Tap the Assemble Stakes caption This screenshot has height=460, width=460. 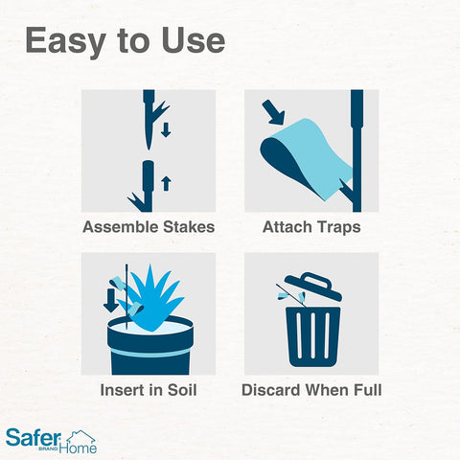[149, 228]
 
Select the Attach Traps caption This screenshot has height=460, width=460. [310, 228]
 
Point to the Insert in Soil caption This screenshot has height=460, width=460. [149, 391]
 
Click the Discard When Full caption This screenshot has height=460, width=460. [310, 391]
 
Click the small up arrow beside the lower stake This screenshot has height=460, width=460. [166, 179]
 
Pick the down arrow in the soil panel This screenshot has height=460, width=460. [110, 299]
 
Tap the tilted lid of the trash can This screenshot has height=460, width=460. [311, 287]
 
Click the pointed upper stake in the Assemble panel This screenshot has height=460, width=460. [149, 120]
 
